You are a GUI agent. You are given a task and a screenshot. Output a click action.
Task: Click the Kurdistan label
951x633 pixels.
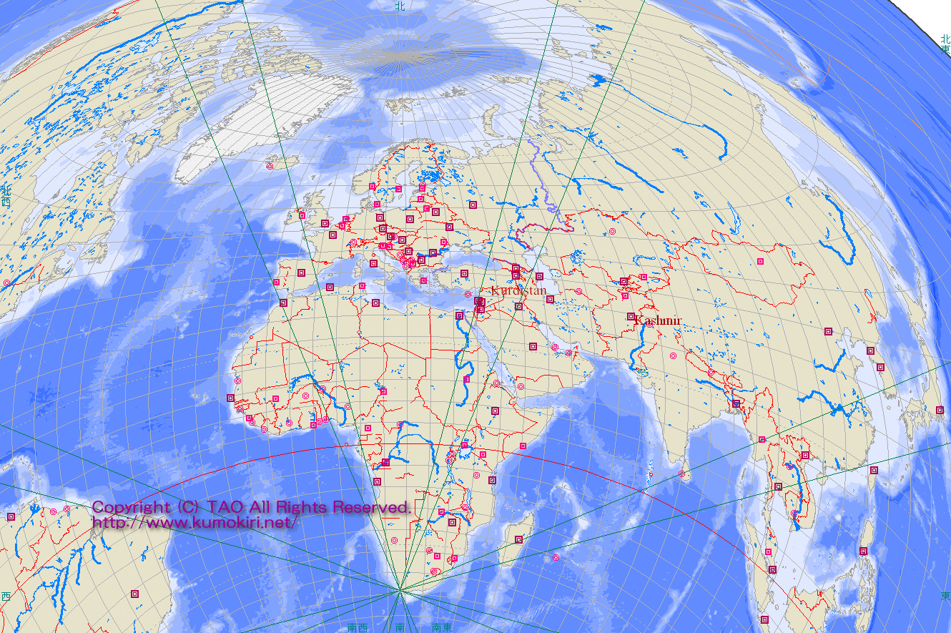click(518, 291)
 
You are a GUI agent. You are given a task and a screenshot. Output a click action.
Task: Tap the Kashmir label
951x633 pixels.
click(657, 320)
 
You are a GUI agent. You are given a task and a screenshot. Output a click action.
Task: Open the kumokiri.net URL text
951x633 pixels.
click(194, 522)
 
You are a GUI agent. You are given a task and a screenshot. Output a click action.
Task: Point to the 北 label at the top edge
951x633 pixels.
click(400, 6)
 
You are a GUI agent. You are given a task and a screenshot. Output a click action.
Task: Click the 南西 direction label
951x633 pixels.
click(357, 627)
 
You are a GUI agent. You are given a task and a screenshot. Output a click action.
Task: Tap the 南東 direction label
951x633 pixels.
click(441, 627)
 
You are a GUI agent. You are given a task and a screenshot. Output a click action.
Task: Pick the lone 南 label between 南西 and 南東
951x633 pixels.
click(400, 627)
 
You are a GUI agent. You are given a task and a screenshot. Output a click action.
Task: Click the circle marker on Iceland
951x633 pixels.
click(270, 166)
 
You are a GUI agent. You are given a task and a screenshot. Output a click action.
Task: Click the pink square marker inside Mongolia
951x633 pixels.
click(760, 262)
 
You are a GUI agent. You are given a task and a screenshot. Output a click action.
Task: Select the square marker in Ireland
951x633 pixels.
click(302, 215)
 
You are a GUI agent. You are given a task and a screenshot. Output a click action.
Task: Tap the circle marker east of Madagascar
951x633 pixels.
click(556, 557)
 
